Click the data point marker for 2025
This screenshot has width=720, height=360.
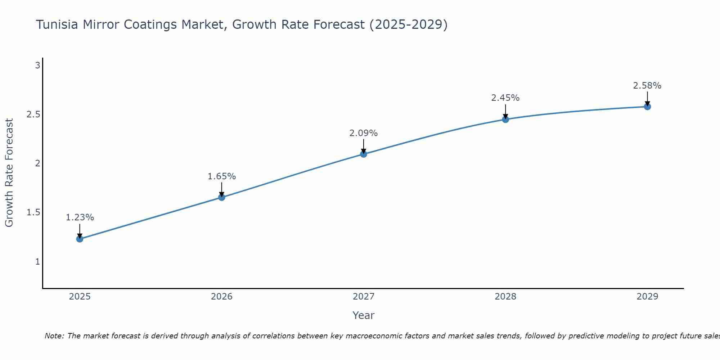[x=80, y=239]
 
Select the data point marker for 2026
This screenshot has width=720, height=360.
[x=222, y=197]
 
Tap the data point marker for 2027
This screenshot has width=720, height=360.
[x=364, y=154]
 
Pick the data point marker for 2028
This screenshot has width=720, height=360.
[x=505, y=119]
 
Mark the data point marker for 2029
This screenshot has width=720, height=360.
[x=647, y=107]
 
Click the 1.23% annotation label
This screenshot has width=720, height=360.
[x=80, y=217]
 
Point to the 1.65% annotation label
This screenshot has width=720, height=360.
[x=222, y=176]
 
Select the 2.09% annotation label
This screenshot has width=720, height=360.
[x=364, y=133]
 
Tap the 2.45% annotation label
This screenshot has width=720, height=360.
[x=505, y=98]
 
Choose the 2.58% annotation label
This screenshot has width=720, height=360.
[x=647, y=86]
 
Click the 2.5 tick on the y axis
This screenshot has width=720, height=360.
[x=33, y=114]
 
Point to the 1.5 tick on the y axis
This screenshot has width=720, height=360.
[x=33, y=212]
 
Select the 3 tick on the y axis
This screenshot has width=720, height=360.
[x=37, y=66]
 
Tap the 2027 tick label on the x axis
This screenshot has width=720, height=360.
[x=364, y=297]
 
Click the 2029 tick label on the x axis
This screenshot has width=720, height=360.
[x=647, y=297]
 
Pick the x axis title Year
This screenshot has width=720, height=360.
[x=364, y=315]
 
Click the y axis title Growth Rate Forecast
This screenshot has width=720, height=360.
[x=9, y=173]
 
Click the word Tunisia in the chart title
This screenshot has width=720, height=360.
[x=57, y=25]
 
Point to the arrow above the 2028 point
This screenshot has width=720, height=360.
[x=505, y=111]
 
